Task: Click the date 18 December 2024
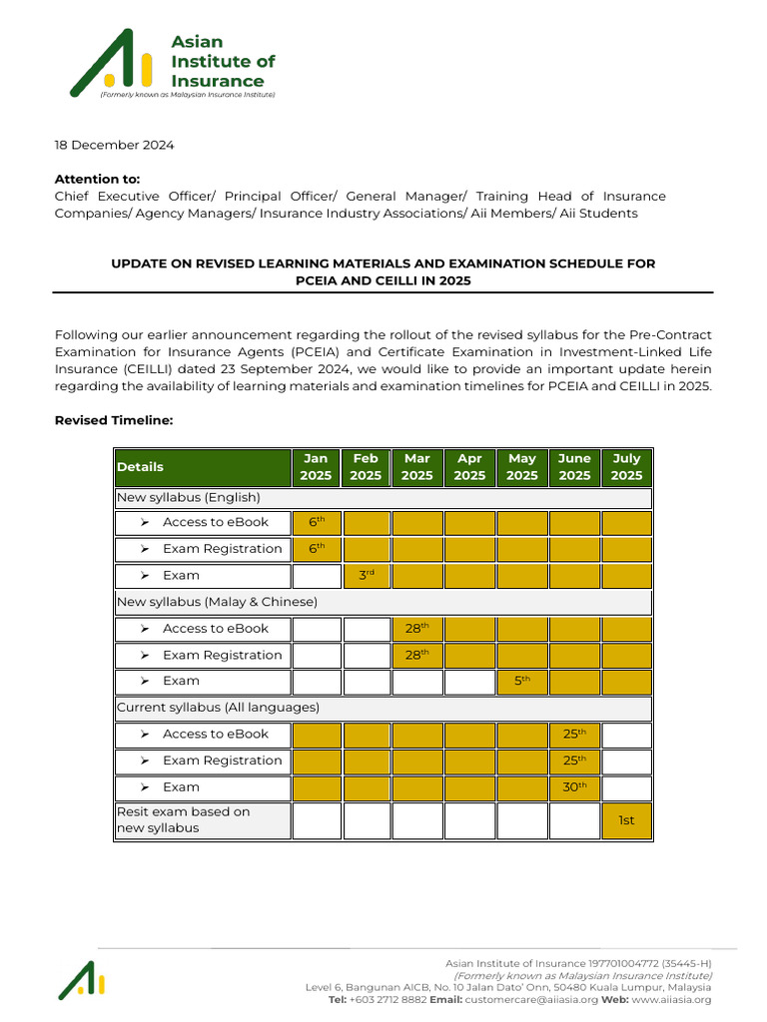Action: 114,145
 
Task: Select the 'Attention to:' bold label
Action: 97,179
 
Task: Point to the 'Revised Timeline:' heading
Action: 114,420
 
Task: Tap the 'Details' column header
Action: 140,467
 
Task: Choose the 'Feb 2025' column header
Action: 366,467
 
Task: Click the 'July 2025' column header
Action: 626,467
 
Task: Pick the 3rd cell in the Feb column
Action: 366,575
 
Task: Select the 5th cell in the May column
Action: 522,681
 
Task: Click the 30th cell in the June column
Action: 574,786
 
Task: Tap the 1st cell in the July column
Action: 626,820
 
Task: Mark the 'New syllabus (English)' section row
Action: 189,497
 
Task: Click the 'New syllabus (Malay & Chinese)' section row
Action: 217,602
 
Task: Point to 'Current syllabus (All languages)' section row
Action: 218,708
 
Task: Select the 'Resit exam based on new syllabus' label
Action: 184,819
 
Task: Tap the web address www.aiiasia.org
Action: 671,999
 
